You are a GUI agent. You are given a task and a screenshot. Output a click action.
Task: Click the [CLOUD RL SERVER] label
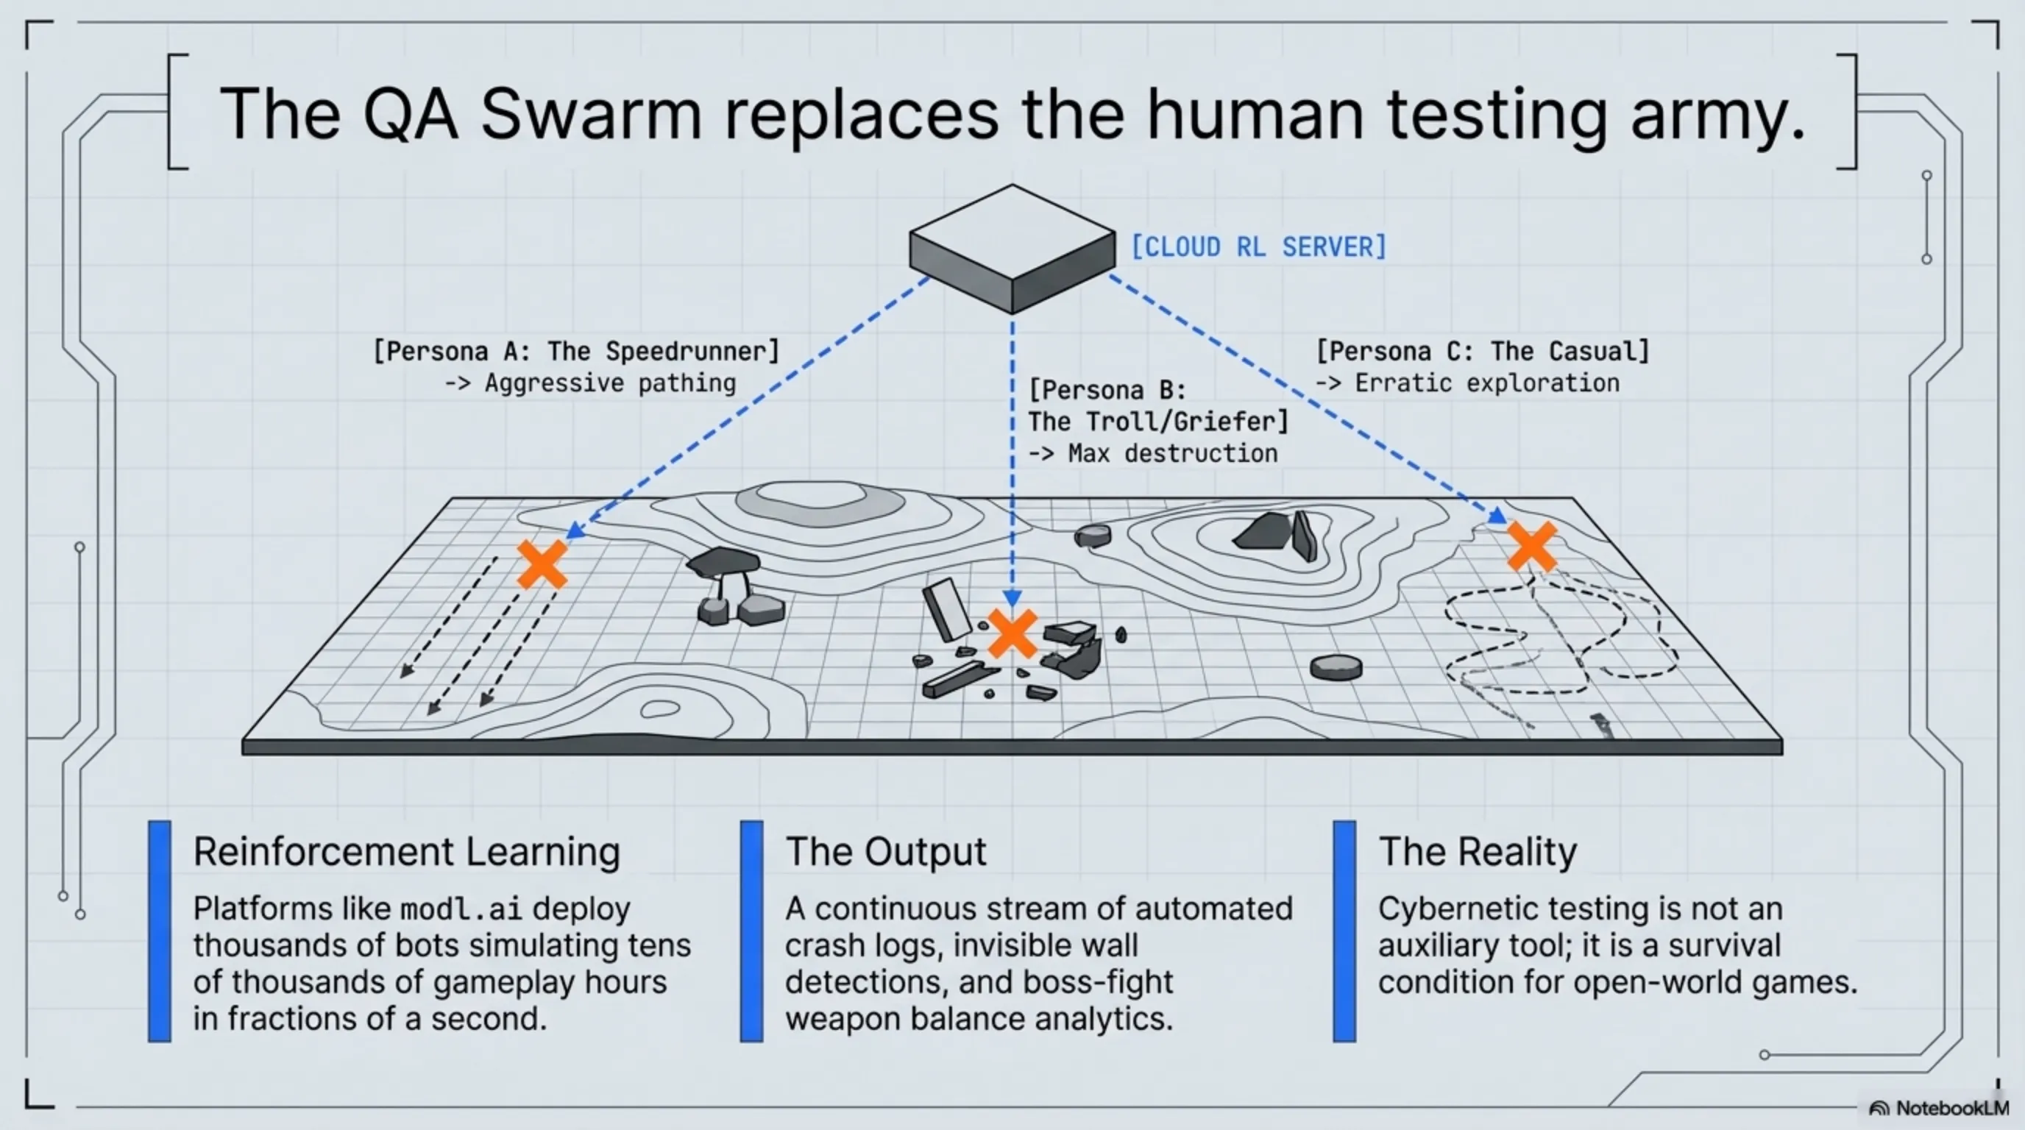1258,246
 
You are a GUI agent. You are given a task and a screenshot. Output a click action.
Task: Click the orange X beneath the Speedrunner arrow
542,564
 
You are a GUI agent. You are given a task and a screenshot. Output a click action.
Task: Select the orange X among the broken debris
1012,633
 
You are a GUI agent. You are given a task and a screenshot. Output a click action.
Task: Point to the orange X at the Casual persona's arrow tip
1531,546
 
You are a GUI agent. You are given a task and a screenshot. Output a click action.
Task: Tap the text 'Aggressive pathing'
610,383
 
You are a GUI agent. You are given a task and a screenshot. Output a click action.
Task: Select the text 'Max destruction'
1172,453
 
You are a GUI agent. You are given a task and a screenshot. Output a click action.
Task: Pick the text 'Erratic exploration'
1486,383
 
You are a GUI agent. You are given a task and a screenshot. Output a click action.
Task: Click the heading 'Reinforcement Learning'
406,851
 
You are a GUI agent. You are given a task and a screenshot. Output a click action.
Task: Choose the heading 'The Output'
885,851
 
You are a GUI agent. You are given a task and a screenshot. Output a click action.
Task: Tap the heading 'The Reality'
1477,851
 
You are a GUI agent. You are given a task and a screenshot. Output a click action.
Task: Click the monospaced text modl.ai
461,909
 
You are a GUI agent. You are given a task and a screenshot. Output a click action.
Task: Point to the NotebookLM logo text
1951,1108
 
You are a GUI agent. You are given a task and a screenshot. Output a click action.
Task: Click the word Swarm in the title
589,114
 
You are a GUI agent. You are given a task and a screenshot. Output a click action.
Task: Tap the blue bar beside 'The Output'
751,931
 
